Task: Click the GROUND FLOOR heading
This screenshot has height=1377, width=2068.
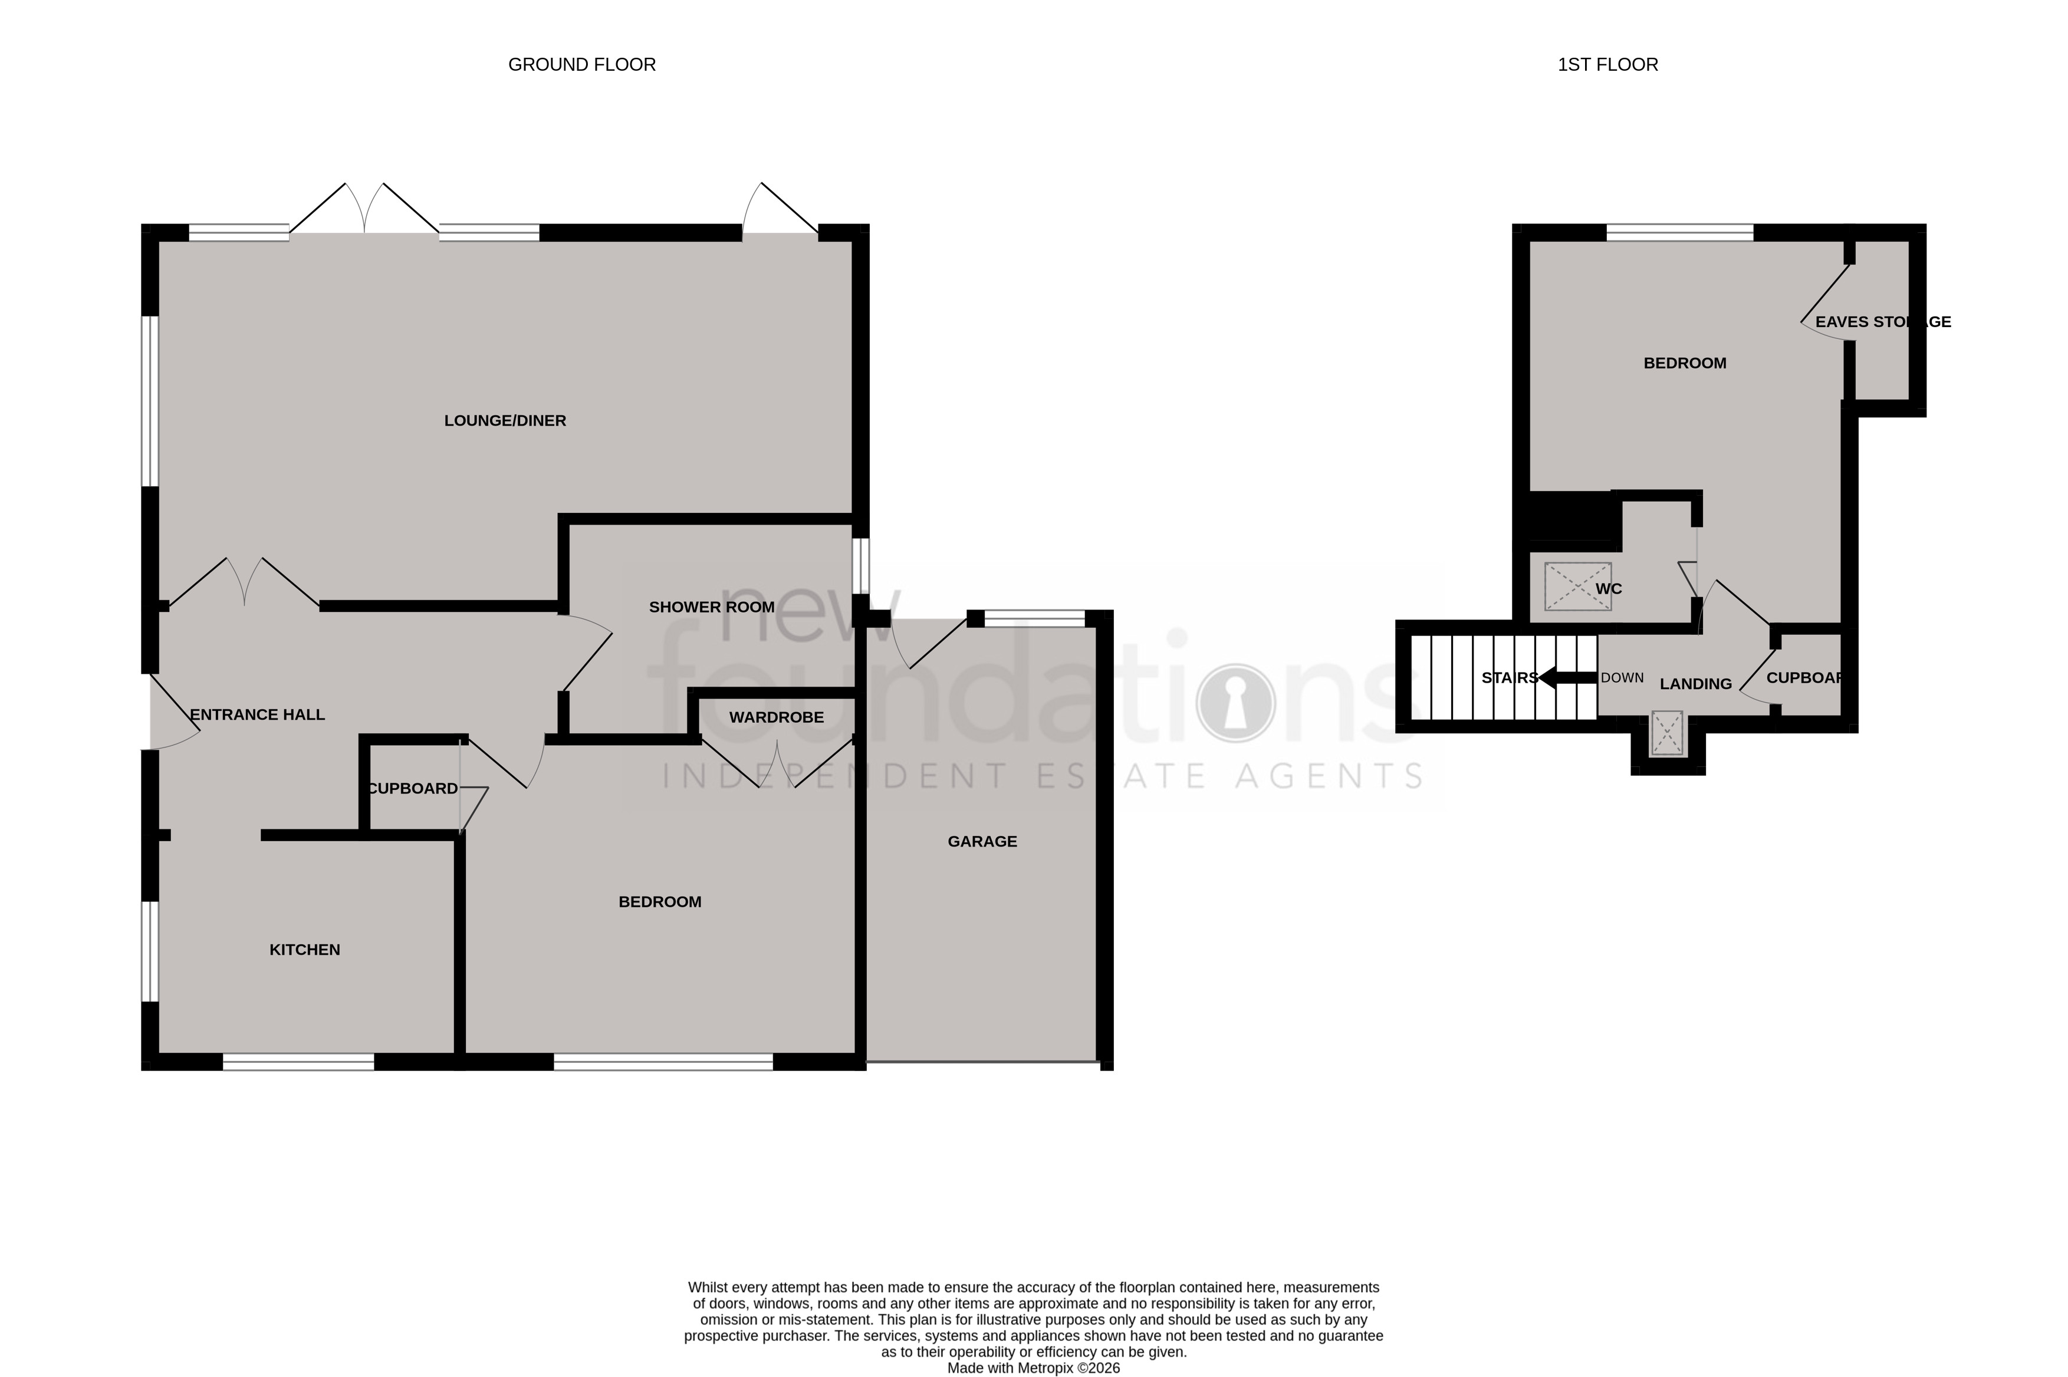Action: tap(581, 65)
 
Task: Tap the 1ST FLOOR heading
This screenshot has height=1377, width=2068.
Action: tap(1607, 65)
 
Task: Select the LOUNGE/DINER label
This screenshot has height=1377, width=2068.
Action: tap(505, 421)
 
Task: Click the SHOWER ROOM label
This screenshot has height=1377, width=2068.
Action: tap(712, 607)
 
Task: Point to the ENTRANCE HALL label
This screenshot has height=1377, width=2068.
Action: tap(258, 715)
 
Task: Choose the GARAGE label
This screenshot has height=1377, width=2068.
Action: tap(982, 841)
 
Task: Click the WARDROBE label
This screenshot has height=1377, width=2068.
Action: tap(777, 717)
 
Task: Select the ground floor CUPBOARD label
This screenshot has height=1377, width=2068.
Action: tap(412, 789)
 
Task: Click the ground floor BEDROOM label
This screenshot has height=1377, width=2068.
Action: tap(660, 902)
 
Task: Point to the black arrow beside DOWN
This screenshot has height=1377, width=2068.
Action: tap(1567, 678)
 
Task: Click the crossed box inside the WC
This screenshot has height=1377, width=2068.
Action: tap(1577, 587)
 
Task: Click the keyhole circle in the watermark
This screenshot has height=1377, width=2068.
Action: tap(1235, 703)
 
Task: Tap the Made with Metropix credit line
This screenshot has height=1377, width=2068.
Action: tap(1033, 1368)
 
